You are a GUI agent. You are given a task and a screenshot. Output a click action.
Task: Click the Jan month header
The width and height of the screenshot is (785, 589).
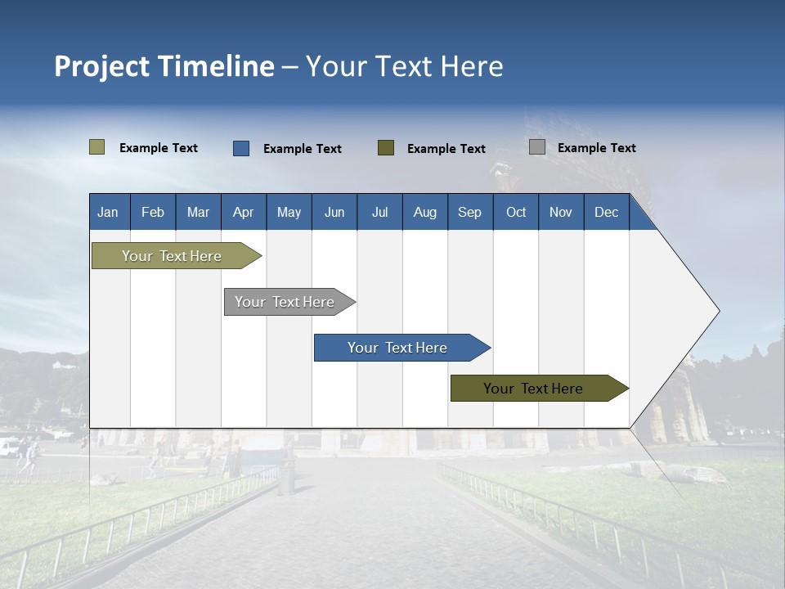click(x=109, y=212)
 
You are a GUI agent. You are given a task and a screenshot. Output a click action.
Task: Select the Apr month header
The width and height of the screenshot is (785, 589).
click(x=244, y=212)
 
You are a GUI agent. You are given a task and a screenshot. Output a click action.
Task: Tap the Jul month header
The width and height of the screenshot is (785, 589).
click(x=379, y=212)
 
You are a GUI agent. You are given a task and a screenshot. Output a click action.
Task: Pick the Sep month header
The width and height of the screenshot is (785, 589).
click(x=469, y=212)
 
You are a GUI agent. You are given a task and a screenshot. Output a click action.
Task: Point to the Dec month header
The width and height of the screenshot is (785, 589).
click(x=606, y=212)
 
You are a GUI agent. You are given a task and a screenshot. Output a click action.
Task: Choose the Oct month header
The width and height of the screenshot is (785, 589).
click(x=516, y=212)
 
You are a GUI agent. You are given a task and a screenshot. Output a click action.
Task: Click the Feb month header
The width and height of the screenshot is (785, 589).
click(x=153, y=212)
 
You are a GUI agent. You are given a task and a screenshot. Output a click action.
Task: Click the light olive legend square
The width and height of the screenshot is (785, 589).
click(x=97, y=147)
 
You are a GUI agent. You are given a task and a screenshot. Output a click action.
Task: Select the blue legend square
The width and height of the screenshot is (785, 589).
click(x=241, y=148)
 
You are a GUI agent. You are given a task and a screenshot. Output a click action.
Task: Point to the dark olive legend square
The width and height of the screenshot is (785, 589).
click(x=386, y=147)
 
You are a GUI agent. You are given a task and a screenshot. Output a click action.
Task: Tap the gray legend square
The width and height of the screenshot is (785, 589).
click(x=537, y=147)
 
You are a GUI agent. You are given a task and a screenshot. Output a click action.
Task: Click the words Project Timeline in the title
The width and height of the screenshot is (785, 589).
click(x=164, y=66)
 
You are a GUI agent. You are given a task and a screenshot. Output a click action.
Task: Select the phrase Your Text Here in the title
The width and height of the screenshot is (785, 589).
click(x=404, y=66)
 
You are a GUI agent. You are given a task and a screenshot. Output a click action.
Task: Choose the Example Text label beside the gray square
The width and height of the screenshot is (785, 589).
click(x=596, y=148)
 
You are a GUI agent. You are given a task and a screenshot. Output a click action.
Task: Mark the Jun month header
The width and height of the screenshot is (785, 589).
click(x=334, y=212)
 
